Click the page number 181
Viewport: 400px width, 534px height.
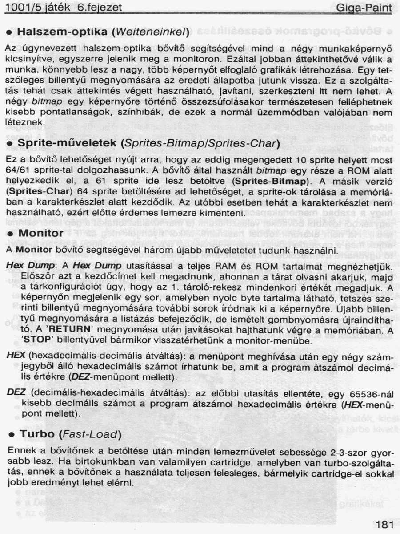(x=384, y=524)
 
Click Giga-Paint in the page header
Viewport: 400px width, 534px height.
(x=364, y=8)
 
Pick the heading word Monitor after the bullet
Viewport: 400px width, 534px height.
(x=41, y=233)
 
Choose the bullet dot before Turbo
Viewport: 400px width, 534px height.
(x=11, y=434)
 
